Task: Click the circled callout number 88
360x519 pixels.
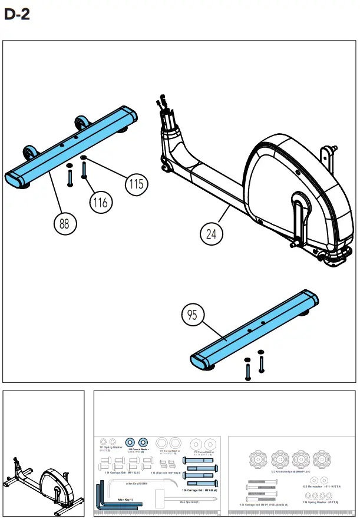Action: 64,223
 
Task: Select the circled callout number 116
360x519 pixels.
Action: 101,203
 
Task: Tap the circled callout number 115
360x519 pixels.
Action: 136,184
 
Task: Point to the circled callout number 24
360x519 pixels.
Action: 211,234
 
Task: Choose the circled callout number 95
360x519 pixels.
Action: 192,315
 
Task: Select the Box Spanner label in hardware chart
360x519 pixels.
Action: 189,502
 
